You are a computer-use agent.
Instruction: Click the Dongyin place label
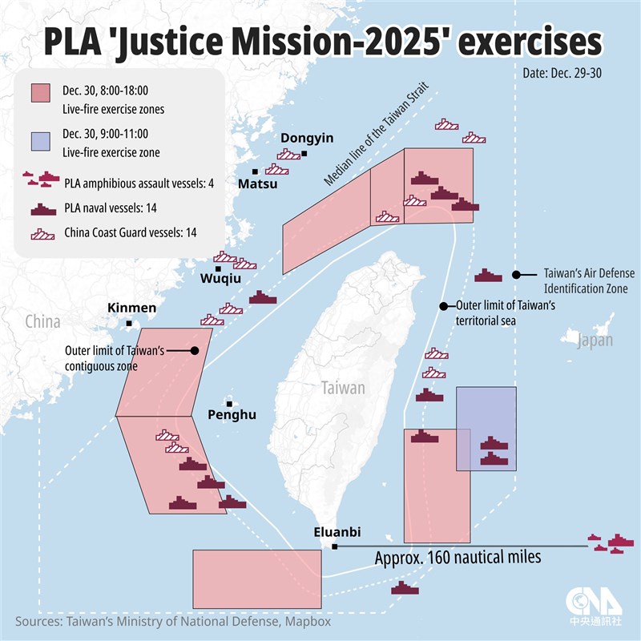[307, 138]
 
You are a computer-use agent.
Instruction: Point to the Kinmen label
[132, 308]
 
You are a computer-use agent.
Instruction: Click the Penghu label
[232, 415]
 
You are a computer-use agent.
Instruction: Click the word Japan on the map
[595, 341]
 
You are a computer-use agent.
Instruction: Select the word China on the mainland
[42, 322]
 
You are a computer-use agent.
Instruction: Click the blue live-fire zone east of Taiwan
[486, 428]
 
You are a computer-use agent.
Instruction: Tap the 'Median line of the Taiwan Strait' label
[377, 135]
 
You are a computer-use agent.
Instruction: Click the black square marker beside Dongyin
[304, 153]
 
